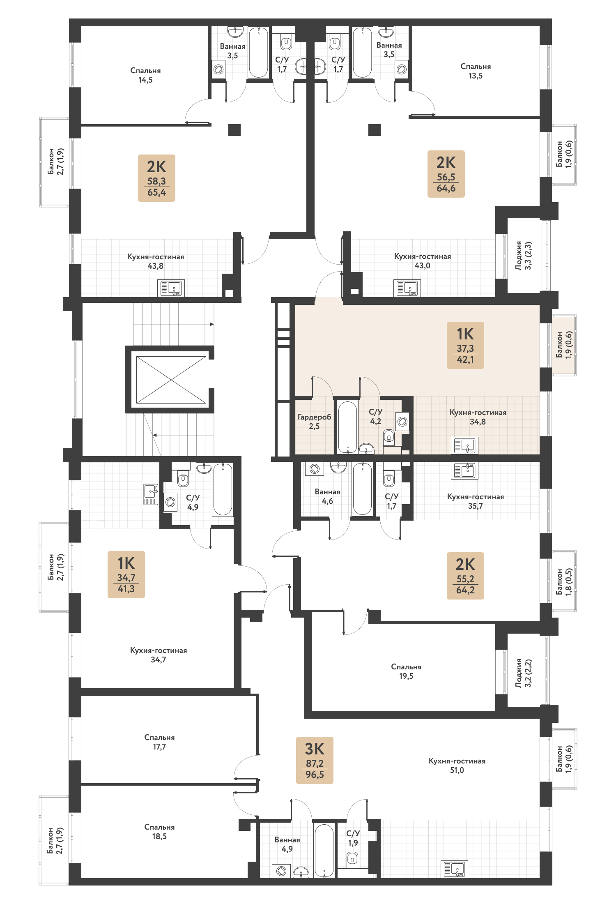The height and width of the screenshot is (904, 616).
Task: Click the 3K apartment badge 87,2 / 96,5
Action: point(315,760)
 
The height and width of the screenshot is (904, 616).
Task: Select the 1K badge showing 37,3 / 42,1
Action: point(465,345)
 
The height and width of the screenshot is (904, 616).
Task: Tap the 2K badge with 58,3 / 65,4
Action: point(156,178)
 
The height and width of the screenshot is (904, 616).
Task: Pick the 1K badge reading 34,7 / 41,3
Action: point(126,574)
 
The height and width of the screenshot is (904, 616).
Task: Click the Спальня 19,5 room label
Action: point(406,671)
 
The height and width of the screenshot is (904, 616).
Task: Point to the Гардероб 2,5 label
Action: point(314,422)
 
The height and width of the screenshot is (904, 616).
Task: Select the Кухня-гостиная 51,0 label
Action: point(457,766)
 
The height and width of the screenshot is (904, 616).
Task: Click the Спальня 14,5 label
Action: point(145,75)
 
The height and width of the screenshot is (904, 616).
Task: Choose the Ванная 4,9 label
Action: point(287,844)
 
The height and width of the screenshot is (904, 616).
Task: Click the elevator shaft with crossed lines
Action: point(171,380)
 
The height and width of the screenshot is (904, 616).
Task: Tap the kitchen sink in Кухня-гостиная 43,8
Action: point(171,288)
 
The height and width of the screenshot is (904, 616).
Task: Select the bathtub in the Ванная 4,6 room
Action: point(362,489)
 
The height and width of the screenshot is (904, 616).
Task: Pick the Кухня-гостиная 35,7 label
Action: point(476,501)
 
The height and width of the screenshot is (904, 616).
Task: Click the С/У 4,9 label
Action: point(193,502)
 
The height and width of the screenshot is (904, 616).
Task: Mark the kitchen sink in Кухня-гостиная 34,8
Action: point(464,445)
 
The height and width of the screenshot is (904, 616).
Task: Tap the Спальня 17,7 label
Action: point(159,742)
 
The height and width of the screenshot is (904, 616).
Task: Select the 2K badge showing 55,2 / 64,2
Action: point(465,576)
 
